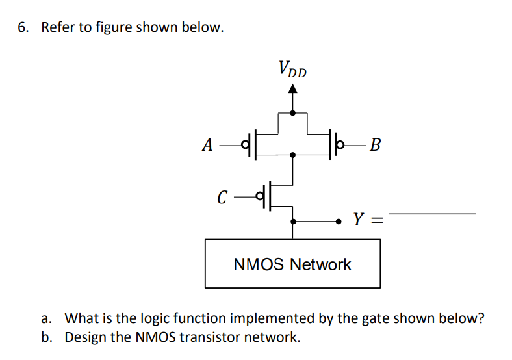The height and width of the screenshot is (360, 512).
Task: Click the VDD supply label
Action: pos(292,69)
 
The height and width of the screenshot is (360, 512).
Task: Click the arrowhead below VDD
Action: pos(293,91)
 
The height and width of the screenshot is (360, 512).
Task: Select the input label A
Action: pos(207,144)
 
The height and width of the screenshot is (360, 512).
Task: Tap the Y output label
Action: pos(359,220)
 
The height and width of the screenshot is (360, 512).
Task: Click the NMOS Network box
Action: pos(292,264)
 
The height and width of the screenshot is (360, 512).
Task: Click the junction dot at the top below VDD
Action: pos(293,113)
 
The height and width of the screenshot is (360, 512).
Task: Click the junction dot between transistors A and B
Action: pos(293,155)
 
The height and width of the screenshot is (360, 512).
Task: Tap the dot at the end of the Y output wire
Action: pos(339,221)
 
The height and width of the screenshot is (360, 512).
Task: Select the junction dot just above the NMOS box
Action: pos(293,221)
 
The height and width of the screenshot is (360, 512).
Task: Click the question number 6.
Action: pos(23,28)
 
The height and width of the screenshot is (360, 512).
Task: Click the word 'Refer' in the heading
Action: pos(57,28)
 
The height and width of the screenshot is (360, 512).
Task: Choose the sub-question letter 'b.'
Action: pos(46,337)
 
